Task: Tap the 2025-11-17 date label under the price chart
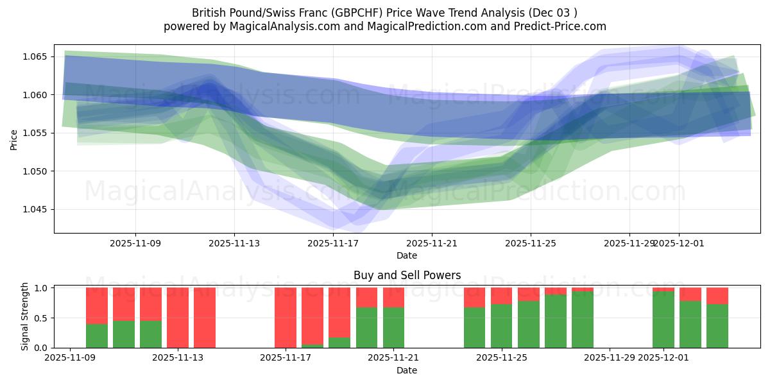click(x=333, y=243)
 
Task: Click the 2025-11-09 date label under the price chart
click(x=135, y=243)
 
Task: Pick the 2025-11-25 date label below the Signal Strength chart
click(x=501, y=358)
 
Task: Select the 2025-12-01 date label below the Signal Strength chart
click(x=663, y=358)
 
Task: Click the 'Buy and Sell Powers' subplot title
click(x=407, y=275)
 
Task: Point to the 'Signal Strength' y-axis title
click(x=25, y=316)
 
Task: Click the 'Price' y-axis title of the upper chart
click(x=14, y=139)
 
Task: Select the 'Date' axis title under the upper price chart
click(x=407, y=255)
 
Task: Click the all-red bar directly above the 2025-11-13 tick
click(x=178, y=318)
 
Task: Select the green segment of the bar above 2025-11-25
click(x=501, y=326)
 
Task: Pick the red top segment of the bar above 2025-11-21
click(x=393, y=297)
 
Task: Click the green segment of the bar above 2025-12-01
click(x=663, y=320)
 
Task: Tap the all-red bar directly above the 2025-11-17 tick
click(x=286, y=318)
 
